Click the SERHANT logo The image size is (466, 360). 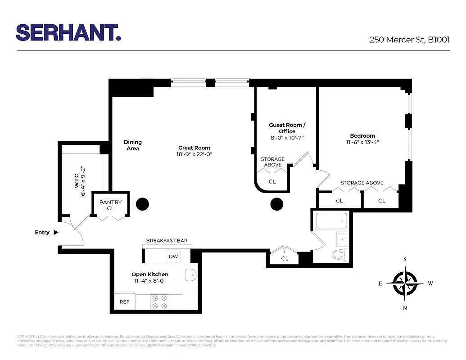point(68,33)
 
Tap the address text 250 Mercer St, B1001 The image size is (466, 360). point(409,40)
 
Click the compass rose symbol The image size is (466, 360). point(405,283)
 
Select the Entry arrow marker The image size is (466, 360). point(56,233)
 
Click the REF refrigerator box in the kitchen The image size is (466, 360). point(124,302)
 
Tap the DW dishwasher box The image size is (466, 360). point(173,256)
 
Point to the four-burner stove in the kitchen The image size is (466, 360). point(159,301)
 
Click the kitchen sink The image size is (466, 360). point(191,273)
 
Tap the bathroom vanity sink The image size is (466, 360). point(342,238)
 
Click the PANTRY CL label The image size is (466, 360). point(110,205)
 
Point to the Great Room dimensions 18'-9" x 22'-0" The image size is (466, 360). point(195,154)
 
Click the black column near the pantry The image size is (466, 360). point(142,204)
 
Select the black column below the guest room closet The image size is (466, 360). point(276,204)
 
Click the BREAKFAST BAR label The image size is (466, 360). point(167,241)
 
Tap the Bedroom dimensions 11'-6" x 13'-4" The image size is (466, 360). point(362,142)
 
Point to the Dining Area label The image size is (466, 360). point(133,145)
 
